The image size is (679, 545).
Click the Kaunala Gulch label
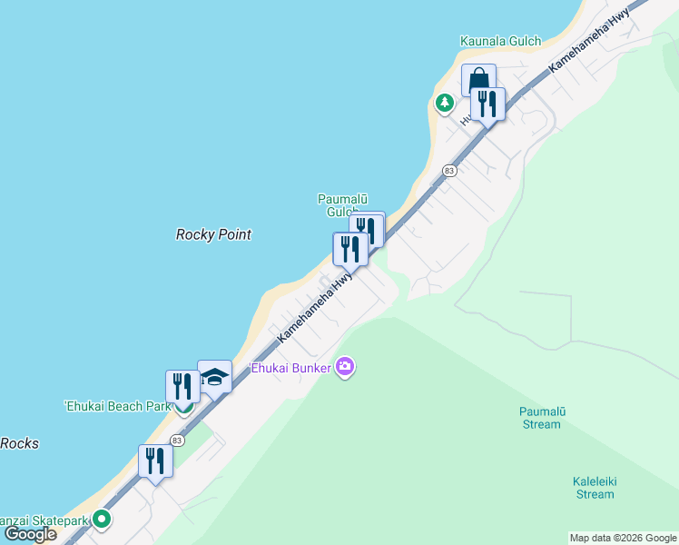[500, 41]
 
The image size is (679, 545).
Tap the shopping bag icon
[477, 81]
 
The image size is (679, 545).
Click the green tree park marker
[444, 103]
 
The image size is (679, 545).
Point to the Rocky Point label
[212, 234]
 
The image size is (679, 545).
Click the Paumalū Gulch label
[340, 204]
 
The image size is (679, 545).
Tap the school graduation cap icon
[215, 376]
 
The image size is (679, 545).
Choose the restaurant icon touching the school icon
[182, 386]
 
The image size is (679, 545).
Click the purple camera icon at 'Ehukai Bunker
[345, 367]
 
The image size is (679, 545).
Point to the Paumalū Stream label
[542, 418]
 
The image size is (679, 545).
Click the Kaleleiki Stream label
[595, 488]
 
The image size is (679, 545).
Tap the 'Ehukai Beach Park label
[117, 406]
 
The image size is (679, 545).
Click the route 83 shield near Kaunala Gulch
[448, 170]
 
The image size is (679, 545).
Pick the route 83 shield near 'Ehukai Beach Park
[177, 441]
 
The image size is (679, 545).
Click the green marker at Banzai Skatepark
[103, 520]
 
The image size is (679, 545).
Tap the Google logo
[30, 534]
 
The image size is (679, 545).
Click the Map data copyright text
[623, 538]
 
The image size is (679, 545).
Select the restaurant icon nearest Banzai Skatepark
[155, 460]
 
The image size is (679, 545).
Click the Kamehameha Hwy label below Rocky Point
[314, 310]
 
